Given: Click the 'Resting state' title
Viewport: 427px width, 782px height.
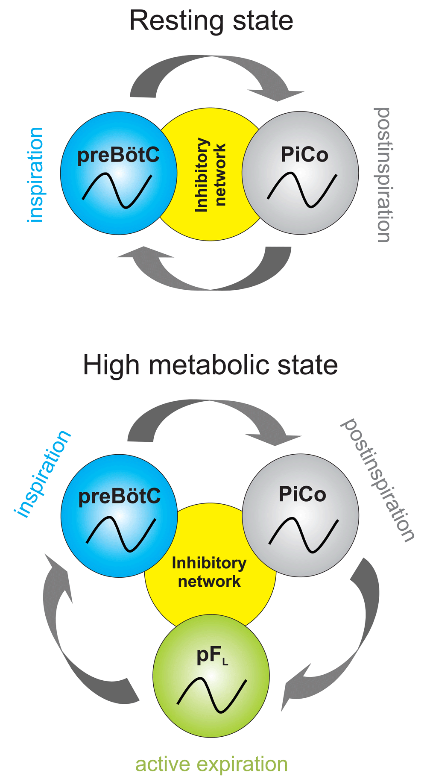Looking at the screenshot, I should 211,21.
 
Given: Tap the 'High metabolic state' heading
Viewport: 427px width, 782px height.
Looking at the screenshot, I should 210,365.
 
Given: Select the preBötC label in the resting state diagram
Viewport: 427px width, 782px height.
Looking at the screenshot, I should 118,155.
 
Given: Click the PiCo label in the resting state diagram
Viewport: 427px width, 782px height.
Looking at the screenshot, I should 304,154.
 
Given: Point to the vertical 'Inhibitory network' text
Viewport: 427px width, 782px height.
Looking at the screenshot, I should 210,174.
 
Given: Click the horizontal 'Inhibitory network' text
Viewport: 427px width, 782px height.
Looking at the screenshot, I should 209,572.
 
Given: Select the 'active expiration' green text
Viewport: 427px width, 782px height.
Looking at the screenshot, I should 211,764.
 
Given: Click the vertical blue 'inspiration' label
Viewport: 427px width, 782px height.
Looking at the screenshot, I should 35,175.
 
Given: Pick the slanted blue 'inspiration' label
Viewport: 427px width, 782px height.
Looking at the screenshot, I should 43,474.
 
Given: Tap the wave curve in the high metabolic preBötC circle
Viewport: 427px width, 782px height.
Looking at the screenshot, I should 120,534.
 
